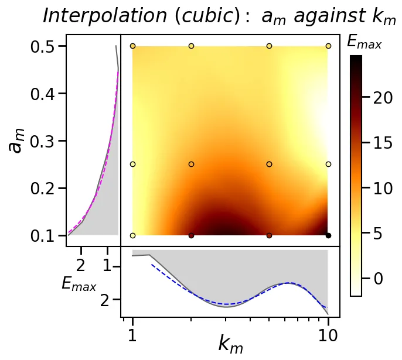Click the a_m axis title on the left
18,141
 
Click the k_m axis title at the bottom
230,344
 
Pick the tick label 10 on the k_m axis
328,335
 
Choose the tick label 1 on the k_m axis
133,335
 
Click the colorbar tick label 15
382,143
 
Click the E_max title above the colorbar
364,42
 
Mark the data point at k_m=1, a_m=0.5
133,46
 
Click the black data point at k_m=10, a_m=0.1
328,235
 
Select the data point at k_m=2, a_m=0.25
191,164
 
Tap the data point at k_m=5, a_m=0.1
269,235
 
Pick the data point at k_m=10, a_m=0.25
328,164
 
